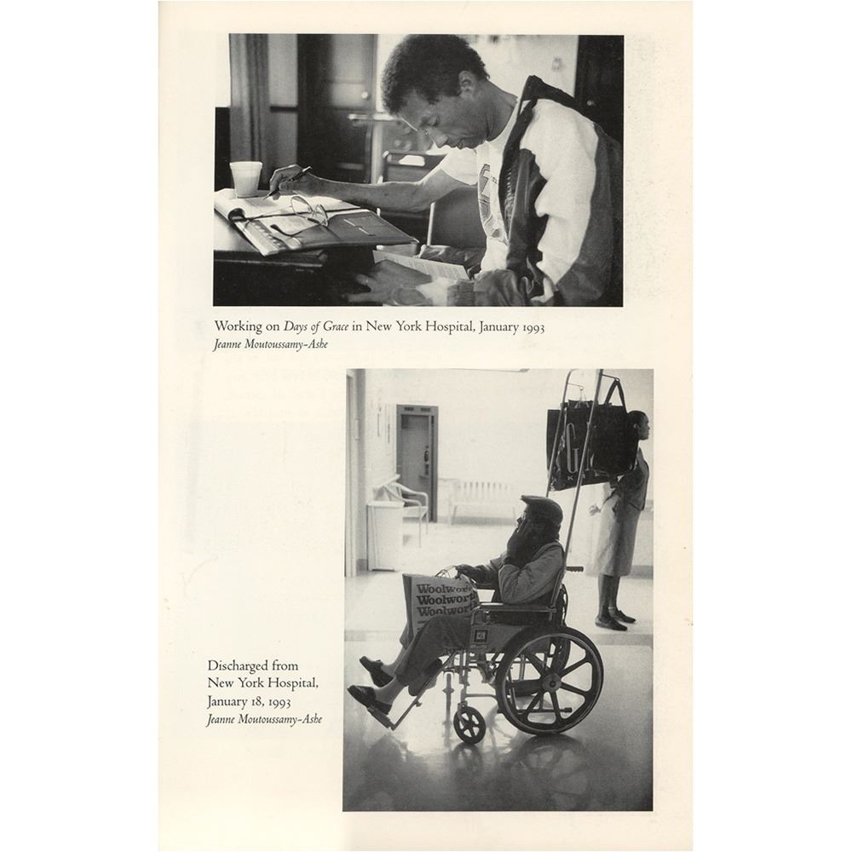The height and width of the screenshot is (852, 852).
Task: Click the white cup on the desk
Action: (245, 179)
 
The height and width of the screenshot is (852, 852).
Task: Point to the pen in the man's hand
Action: (288, 181)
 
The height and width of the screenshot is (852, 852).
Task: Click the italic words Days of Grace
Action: (316, 326)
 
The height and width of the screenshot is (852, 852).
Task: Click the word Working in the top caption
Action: (238, 326)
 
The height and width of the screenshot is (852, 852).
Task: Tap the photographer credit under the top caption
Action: (271, 344)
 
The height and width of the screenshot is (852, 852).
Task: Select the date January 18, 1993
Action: (249, 701)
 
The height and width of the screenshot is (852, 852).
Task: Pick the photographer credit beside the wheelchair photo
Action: (264, 719)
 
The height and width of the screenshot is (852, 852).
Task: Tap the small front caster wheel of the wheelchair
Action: (469, 725)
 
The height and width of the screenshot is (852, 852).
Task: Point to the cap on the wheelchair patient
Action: (541, 509)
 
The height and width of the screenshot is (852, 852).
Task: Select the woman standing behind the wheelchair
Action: (620, 521)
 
